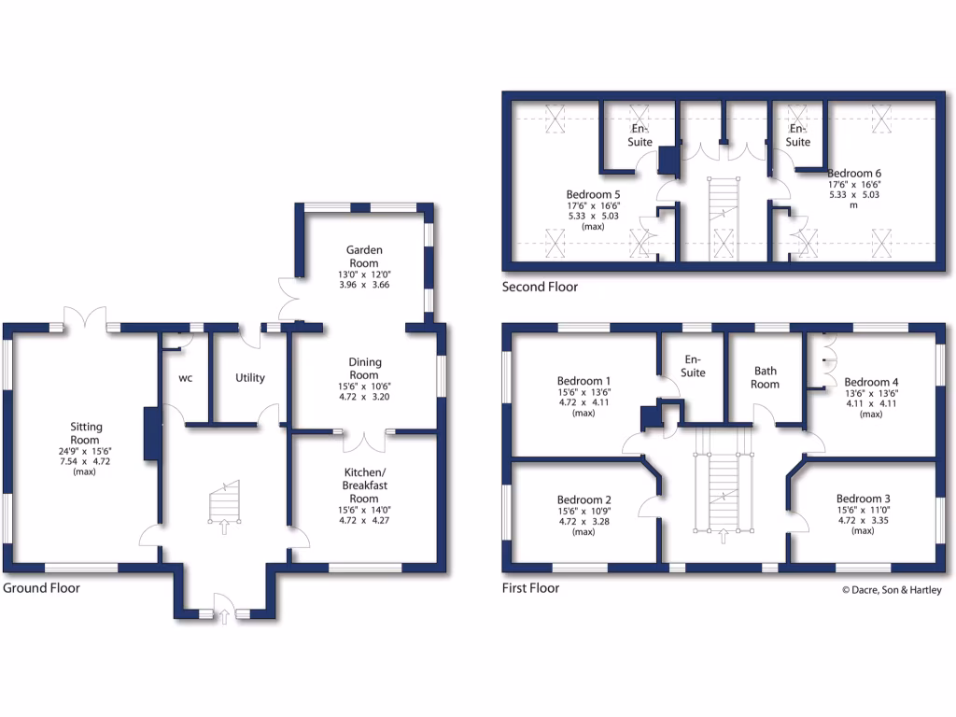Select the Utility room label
coord(250,378)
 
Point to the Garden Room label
coord(364,257)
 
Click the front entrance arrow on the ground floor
coord(224,615)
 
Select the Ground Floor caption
coord(41,588)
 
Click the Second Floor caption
coord(540,288)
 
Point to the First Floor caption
coord(530,588)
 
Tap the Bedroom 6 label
coord(853,173)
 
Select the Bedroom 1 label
coord(583,381)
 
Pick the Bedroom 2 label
coord(583,499)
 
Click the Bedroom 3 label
coord(863,498)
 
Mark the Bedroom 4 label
coord(871,382)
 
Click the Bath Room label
coord(765,377)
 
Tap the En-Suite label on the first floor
coord(693,366)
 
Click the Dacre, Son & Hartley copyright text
coord(892,590)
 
